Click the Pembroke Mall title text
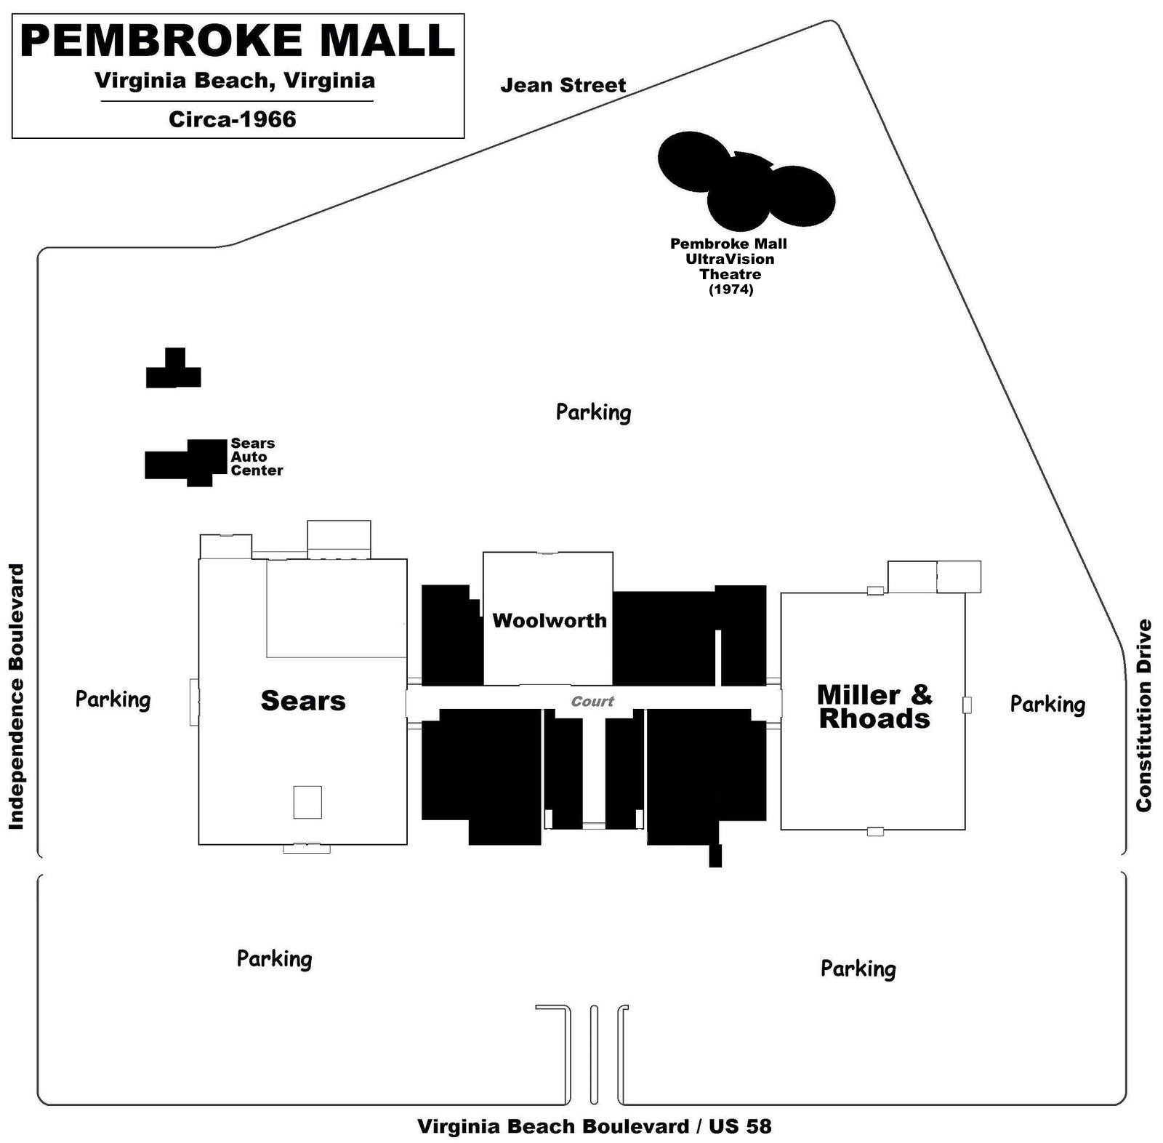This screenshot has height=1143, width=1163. click(238, 41)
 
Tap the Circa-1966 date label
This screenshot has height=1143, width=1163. click(233, 119)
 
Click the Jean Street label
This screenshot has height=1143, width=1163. click(563, 86)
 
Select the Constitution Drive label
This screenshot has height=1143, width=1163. click(1143, 715)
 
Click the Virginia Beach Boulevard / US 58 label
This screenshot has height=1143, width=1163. click(594, 1126)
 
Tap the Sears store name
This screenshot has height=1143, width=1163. click(303, 701)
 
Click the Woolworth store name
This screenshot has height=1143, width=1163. click(549, 620)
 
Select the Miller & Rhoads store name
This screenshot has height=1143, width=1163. click(874, 706)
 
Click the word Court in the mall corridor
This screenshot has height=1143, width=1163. click(592, 702)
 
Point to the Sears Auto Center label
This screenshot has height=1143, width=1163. click(256, 457)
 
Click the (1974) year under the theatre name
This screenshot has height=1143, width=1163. click(731, 289)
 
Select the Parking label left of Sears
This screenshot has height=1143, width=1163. click(113, 699)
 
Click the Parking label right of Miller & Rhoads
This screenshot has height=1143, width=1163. click(1047, 704)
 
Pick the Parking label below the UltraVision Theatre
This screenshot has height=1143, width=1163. click(593, 412)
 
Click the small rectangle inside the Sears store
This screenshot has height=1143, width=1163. click(307, 802)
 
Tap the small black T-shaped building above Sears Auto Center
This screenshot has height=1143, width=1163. click(174, 370)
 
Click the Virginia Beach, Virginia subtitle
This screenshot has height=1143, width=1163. click(235, 81)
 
